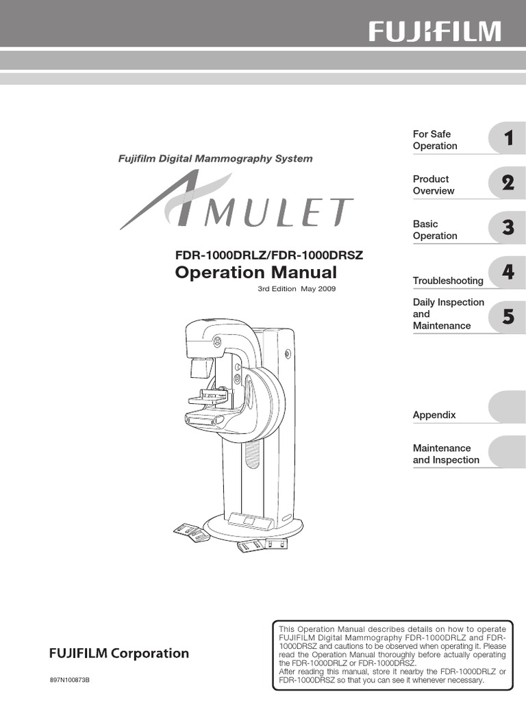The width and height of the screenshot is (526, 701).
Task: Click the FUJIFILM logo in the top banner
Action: click(x=436, y=31)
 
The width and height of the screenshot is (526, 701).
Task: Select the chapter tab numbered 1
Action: click(x=508, y=139)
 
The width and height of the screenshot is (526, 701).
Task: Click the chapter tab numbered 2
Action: click(x=508, y=183)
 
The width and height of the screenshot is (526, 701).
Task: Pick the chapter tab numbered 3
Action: click(x=508, y=228)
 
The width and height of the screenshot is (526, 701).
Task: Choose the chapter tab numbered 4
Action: click(x=508, y=272)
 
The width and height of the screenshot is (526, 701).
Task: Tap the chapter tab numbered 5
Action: click(x=508, y=316)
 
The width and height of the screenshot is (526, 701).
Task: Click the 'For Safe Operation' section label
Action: click(x=435, y=140)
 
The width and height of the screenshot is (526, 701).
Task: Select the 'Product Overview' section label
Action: click(x=434, y=185)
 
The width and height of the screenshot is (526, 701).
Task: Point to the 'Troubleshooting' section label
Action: click(x=448, y=281)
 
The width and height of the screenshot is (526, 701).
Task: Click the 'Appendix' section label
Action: click(x=434, y=415)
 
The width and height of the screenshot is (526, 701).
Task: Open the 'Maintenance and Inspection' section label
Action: click(x=446, y=454)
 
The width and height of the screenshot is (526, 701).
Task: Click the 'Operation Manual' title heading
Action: click(x=256, y=273)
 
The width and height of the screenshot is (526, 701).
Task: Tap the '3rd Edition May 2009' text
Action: click(x=297, y=289)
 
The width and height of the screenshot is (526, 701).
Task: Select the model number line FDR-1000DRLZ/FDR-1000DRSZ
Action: click(x=269, y=255)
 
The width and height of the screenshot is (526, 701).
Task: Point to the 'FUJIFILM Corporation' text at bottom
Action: click(x=118, y=653)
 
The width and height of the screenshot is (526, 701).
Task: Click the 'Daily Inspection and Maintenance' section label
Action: click(x=448, y=314)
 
